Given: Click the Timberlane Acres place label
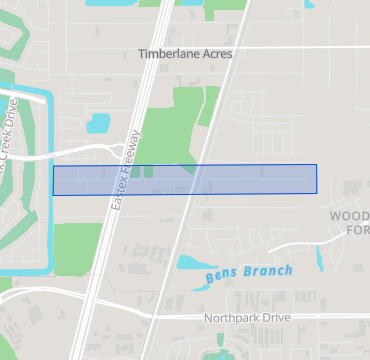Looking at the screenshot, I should pos(185,53).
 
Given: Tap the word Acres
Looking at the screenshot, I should pos(215,53).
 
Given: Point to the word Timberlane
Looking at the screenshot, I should pos(168,53).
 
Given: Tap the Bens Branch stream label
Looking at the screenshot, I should pos(249,271).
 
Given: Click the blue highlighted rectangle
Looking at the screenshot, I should pos(184,179).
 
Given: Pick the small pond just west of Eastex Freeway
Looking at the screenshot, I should pos(99,124).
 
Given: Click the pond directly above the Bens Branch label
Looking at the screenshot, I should pos(192,263).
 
